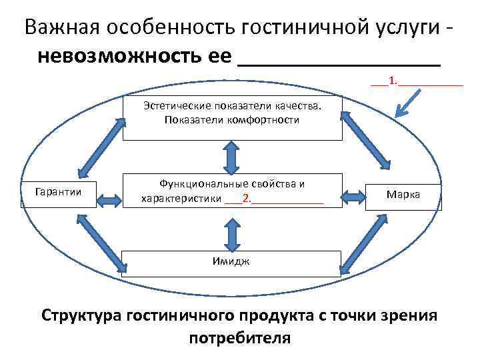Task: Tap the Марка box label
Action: click(x=403, y=194)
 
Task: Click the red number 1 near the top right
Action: click(x=393, y=81)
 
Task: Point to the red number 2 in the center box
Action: click(x=247, y=199)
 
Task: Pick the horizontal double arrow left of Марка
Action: click(x=354, y=196)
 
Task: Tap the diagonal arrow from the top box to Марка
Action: click(x=365, y=142)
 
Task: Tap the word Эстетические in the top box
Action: click(x=175, y=106)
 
